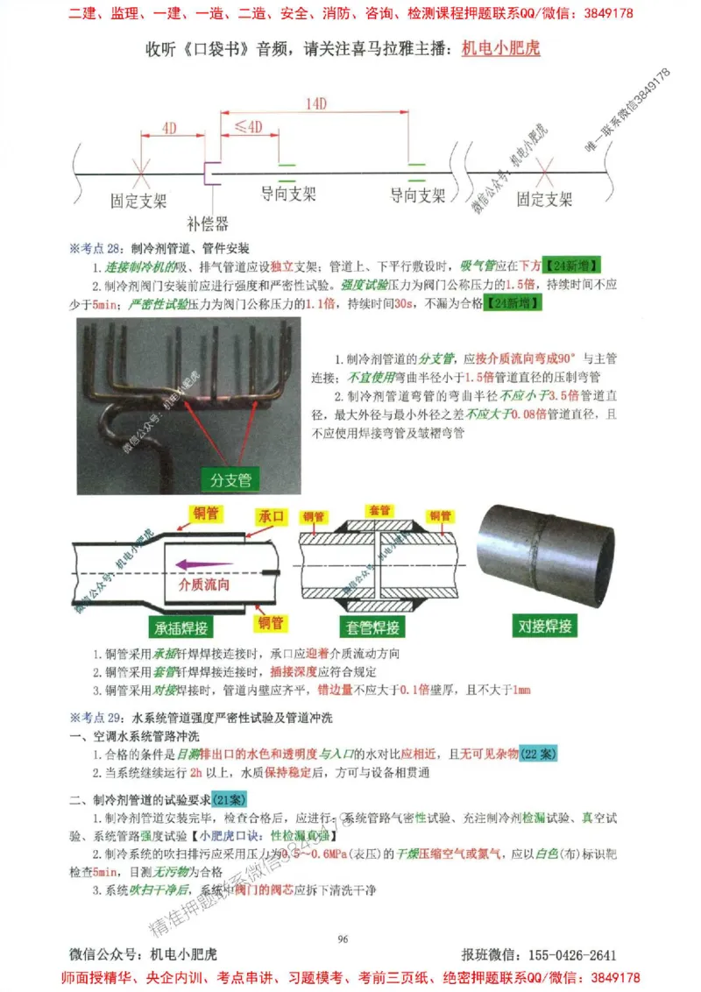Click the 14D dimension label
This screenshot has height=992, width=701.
(x=316, y=103)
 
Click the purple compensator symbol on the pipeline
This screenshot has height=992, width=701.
(x=209, y=173)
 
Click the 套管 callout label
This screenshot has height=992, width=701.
(x=379, y=510)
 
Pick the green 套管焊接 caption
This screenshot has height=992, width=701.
(x=372, y=627)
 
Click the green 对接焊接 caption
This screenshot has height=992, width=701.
(x=543, y=626)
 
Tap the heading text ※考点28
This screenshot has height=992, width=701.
(x=96, y=249)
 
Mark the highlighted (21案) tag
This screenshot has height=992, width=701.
(x=230, y=799)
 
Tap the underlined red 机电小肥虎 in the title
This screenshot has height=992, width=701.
(x=500, y=48)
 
